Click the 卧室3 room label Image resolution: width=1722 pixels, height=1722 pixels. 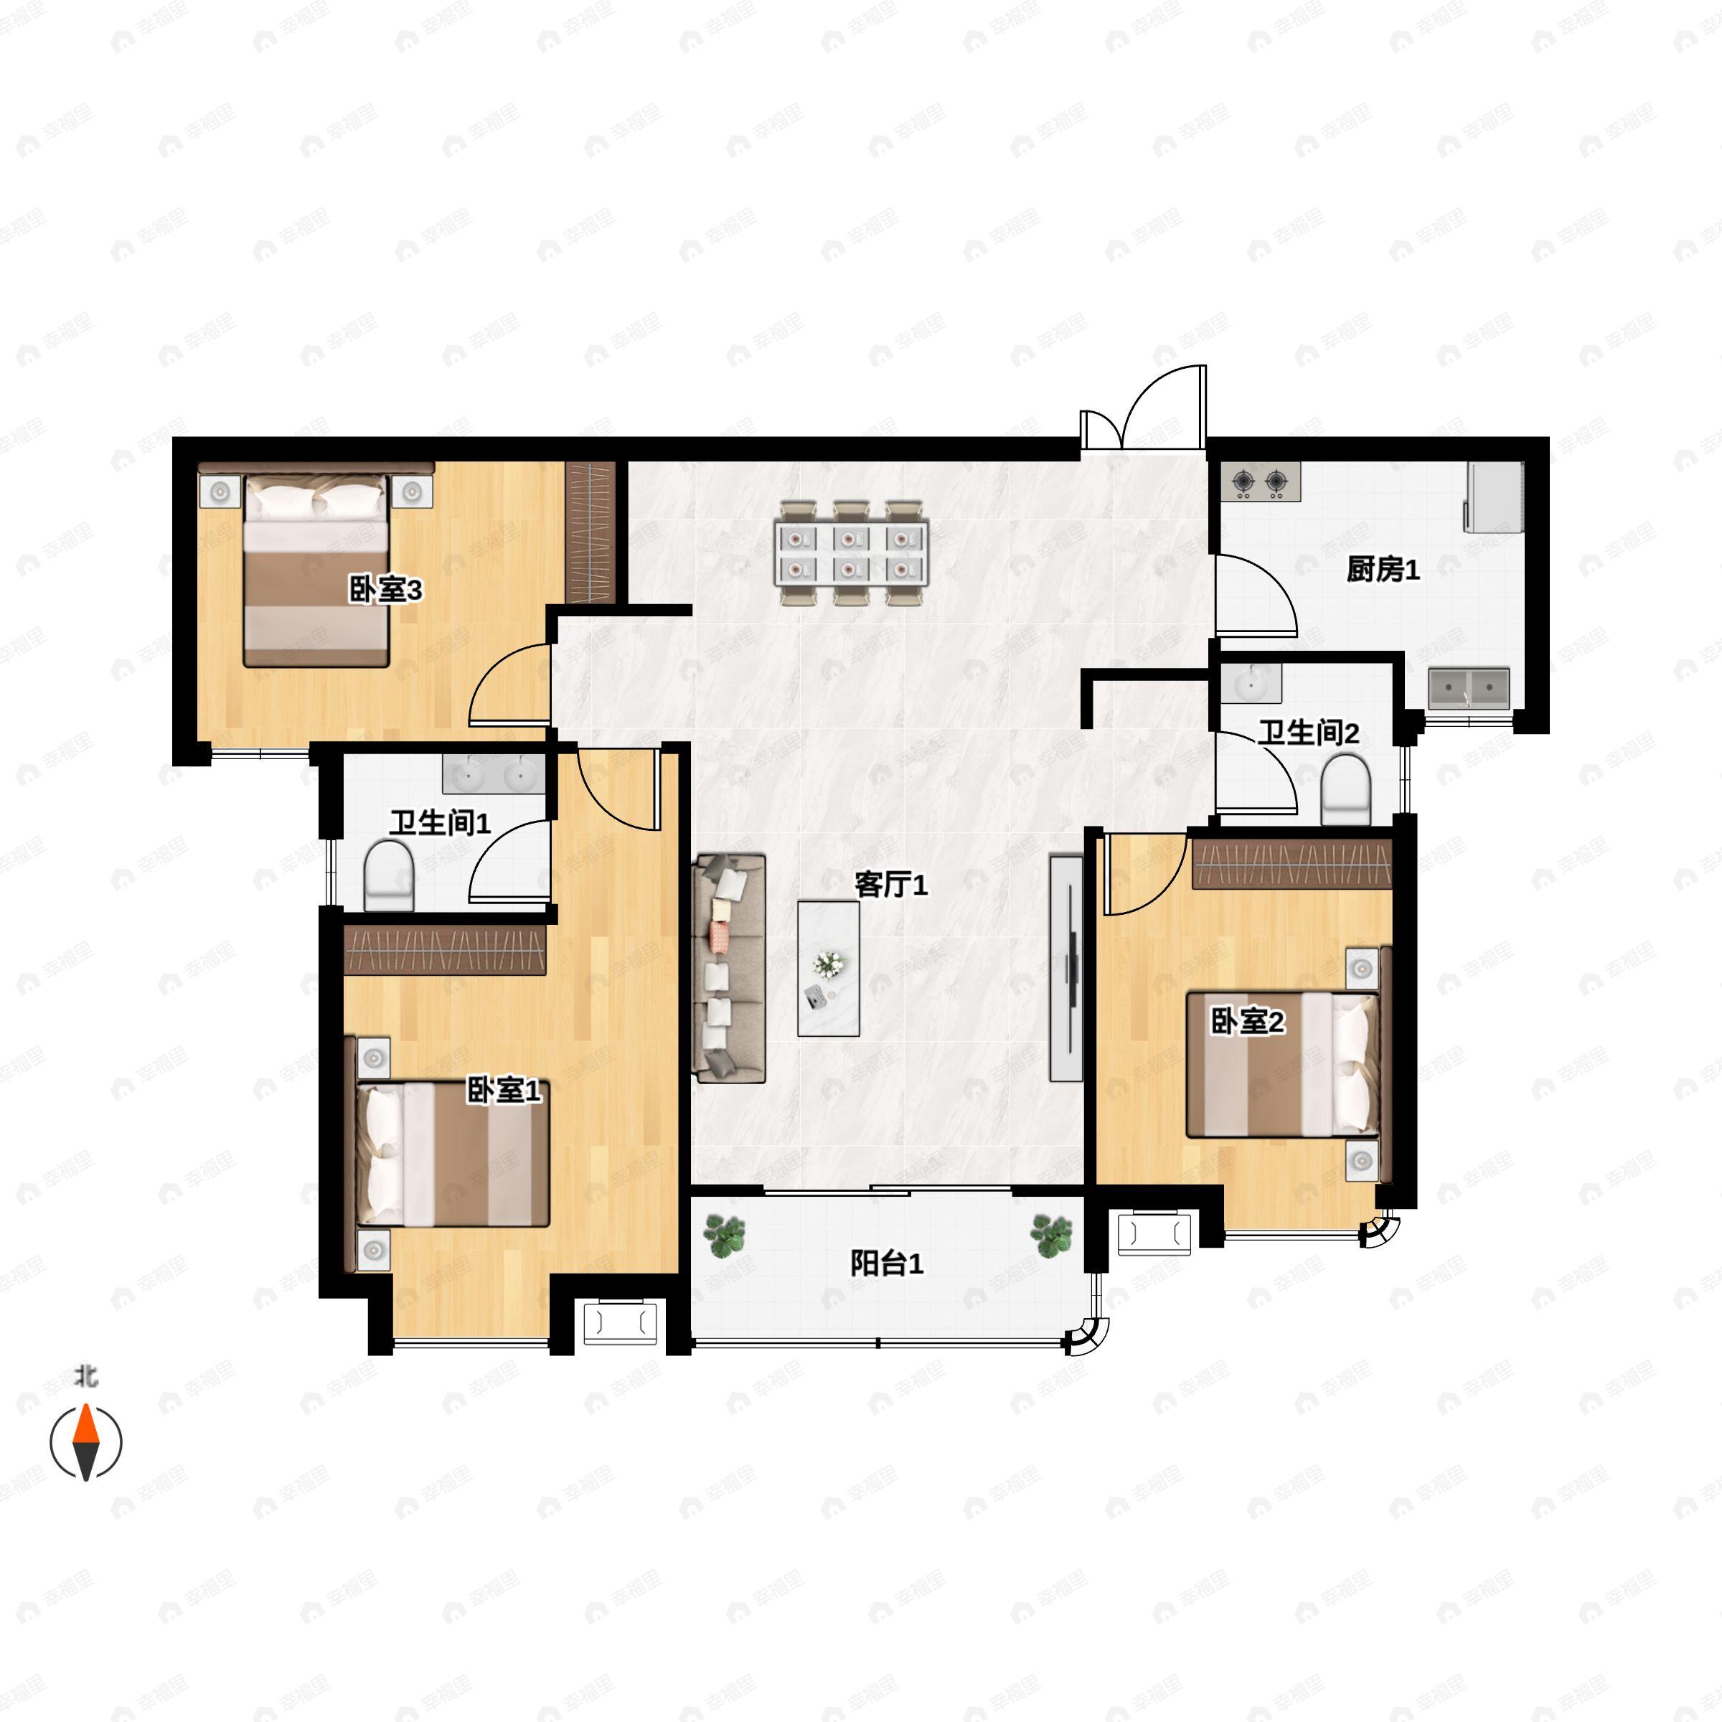pos(385,589)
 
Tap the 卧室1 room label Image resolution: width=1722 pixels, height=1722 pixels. pos(504,1090)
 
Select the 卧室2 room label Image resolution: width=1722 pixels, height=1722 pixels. pos(1247,1022)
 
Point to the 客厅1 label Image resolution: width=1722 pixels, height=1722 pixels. pos(890,885)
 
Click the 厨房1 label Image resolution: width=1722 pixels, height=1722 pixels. pos(1383,570)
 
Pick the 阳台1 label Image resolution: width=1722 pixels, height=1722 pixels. pos(886,1263)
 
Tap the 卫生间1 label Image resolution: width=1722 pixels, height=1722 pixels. pos(439,823)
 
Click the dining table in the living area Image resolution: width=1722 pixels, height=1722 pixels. pos(851,553)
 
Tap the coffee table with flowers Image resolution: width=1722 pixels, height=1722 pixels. pos(828,969)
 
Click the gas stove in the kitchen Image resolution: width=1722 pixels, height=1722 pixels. pos(1259,482)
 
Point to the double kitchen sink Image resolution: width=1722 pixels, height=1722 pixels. pos(1469,689)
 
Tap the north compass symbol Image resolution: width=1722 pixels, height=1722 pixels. pos(85,1441)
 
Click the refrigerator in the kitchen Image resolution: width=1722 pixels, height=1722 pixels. pos(1495,497)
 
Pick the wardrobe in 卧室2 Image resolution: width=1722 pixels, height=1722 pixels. pos(1291,862)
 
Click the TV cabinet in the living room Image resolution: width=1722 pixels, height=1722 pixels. pos(1066,969)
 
